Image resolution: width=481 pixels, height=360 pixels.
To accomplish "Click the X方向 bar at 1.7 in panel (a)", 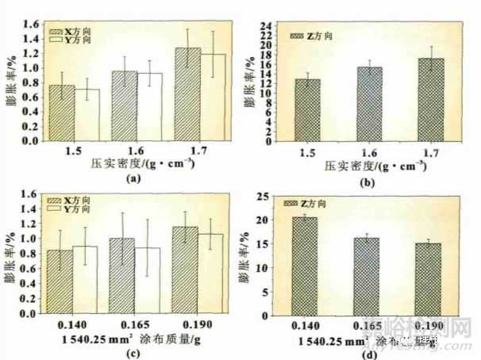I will pyautogui.click(x=187, y=95).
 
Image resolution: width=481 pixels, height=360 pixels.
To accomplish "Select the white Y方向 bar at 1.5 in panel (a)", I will pyautogui.click(x=87, y=115).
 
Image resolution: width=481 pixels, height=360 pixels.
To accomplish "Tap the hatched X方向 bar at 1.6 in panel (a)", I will pyautogui.click(x=124, y=106).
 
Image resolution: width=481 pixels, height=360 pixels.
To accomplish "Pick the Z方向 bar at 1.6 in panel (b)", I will pyautogui.click(x=370, y=104).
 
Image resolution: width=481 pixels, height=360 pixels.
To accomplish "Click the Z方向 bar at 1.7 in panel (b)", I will pyautogui.click(x=430, y=99).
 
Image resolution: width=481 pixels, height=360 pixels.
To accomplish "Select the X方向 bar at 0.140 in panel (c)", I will pyautogui.click(x=60, y=281).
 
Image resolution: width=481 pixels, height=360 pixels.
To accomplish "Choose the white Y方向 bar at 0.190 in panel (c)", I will pyautogui.click(x=210, y=274).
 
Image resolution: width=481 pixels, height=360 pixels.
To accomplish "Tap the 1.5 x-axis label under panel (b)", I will pyautogui.click(x=310, y=151).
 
